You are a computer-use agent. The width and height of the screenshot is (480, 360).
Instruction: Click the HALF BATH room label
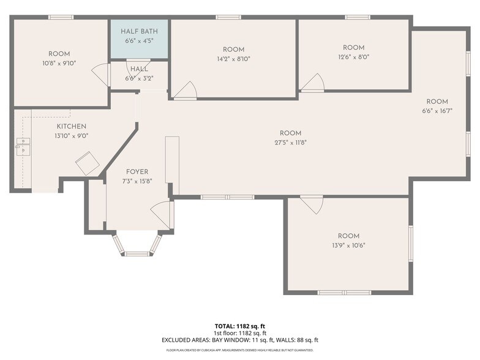point(140,31)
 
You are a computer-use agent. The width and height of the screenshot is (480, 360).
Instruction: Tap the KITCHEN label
point(71,126)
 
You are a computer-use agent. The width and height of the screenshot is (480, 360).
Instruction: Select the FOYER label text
point(137,171)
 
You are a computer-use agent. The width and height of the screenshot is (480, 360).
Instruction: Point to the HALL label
point(140,69)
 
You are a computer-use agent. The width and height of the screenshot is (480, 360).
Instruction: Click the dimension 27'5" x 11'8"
point(290,142)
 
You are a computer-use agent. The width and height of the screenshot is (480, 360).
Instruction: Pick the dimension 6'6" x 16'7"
point(437,111)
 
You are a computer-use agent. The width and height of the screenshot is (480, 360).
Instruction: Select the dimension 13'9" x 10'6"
point(349,245)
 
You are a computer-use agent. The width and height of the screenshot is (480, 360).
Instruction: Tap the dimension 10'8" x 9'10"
point(59,64)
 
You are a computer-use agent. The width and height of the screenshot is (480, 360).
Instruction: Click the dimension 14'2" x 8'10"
point(234,59)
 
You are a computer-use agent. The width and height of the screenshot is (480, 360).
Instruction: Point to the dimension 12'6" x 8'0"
point(354,58)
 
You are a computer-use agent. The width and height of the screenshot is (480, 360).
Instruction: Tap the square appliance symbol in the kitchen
point(88,163)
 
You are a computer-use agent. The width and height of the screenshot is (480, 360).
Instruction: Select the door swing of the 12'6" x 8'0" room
point(313,82)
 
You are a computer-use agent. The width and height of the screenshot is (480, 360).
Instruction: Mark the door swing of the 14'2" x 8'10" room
point(187,91)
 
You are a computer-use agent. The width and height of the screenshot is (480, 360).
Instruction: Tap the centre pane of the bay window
point(137,253)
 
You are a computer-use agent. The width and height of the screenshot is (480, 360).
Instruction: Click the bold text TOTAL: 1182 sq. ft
point(240,326)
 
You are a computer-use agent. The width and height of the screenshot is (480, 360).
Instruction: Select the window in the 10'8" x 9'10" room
point(61,17)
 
